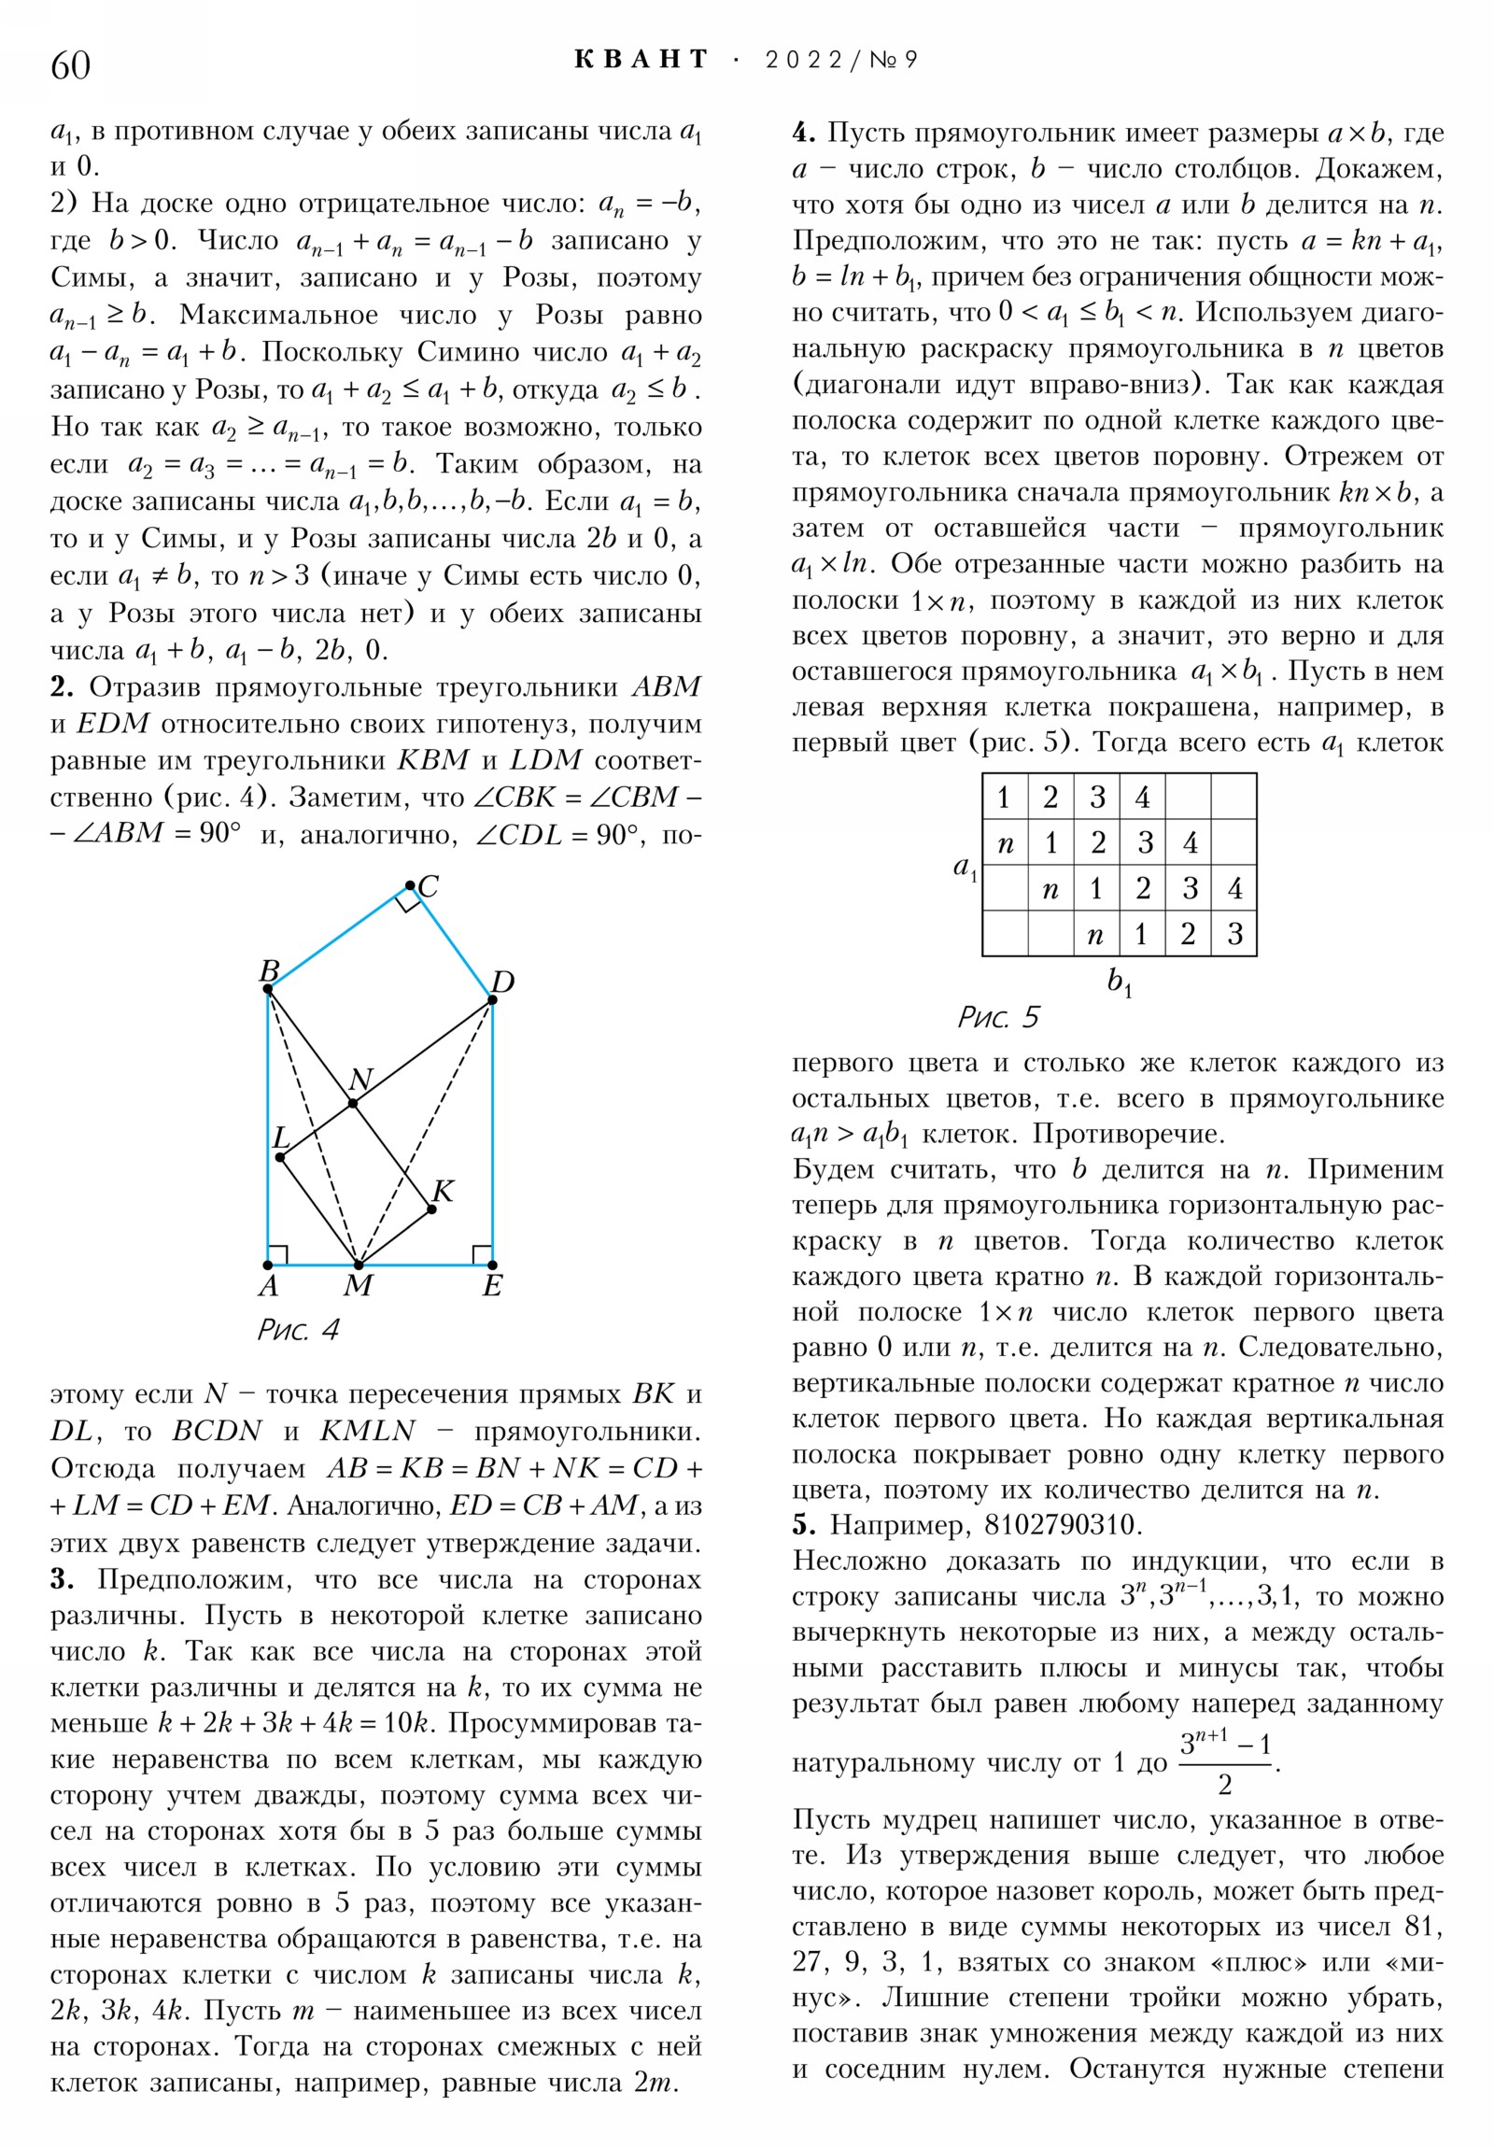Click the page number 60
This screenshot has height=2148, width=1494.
70,65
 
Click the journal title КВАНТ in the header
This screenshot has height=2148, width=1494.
641,60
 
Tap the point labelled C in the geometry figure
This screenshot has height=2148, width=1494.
410,885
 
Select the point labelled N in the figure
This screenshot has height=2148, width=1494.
353,1104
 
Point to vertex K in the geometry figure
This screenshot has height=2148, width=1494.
431,1209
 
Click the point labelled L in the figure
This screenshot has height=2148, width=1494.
281,1157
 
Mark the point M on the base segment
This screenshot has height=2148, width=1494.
359,1265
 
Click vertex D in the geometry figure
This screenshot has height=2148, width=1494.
492,1000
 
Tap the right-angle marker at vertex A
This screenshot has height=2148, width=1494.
278,1254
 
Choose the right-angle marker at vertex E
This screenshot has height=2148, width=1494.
482,1254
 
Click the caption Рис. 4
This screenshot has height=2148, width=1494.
298,1329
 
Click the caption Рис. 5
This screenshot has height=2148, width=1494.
997,1017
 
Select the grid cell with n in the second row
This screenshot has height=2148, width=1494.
1006,843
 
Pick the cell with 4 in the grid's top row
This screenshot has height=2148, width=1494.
1143,797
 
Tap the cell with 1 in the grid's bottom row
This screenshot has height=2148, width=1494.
1141,934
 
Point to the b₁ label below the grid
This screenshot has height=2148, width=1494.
1119,982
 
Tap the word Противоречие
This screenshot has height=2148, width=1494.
1128,1134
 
